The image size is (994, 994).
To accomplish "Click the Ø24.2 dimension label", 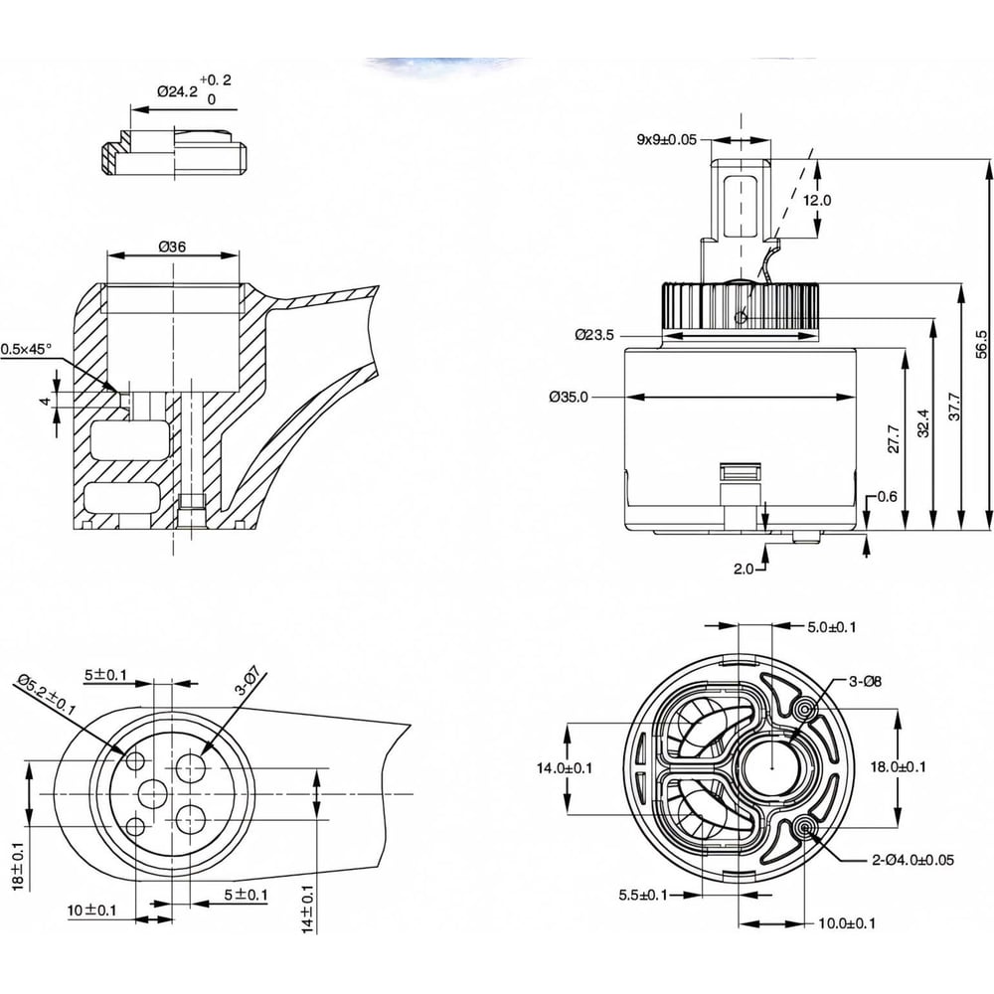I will (177, 89).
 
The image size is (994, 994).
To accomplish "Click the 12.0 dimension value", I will (817, 200).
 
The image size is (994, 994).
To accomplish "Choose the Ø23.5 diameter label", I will (595, 335).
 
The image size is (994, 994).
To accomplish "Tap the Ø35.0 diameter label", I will (569, 397).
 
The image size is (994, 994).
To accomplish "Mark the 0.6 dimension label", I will (888, 497).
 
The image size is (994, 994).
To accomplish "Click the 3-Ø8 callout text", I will (864, 681).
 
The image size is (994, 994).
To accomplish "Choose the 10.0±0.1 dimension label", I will (847, 923).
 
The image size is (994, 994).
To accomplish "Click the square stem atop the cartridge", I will (740, 194).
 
